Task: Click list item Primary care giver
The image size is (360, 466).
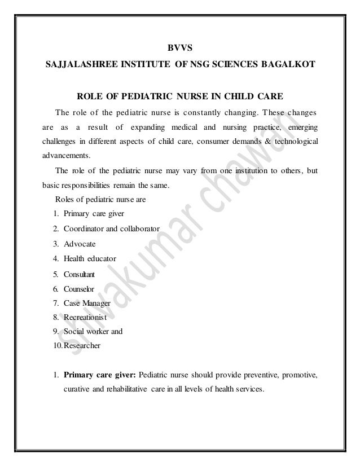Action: pyautogui.click(x=90, y=214)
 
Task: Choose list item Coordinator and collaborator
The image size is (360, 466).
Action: pyautogui.click(x=112, y=228)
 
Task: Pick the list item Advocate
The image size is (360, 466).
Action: pyautogui.click(x=80, y=244)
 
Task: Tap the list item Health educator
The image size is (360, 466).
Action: pyautogui.click(x=90, y=260)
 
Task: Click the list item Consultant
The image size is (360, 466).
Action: pyautogui.click(x=80, y=275)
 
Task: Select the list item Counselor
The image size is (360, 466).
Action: pyautogui.click(x=80, y=289)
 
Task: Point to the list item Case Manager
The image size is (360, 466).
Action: pyautogui.click(x=87, y=304)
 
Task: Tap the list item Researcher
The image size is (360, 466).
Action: pyautogui.click(x=82, y=346)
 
